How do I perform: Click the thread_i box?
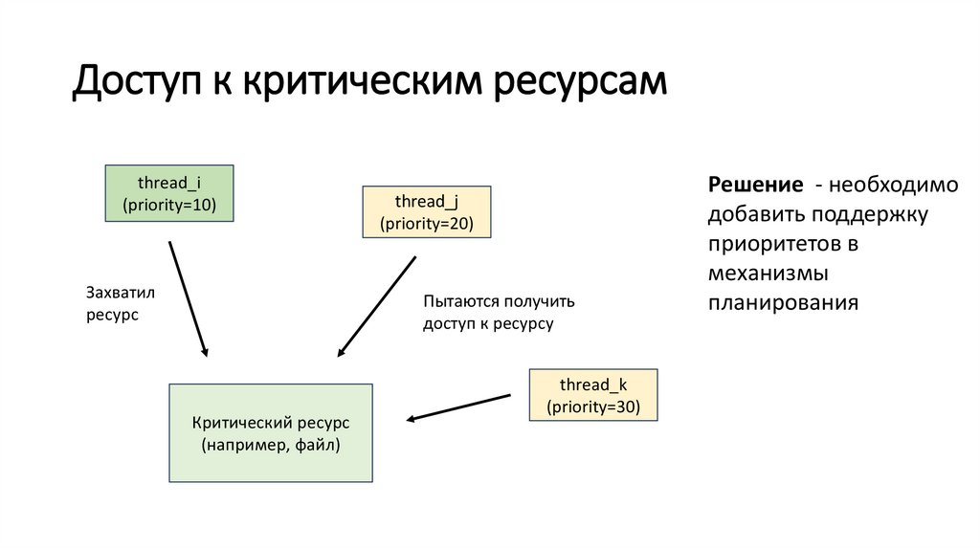point(169,193)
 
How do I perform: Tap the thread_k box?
point(592,394)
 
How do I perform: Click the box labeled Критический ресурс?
point(271,432)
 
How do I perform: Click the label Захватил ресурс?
point(120,303)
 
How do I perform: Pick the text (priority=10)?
point(169,205)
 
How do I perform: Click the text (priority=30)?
point(592,406)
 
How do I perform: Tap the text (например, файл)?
point(271,445)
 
